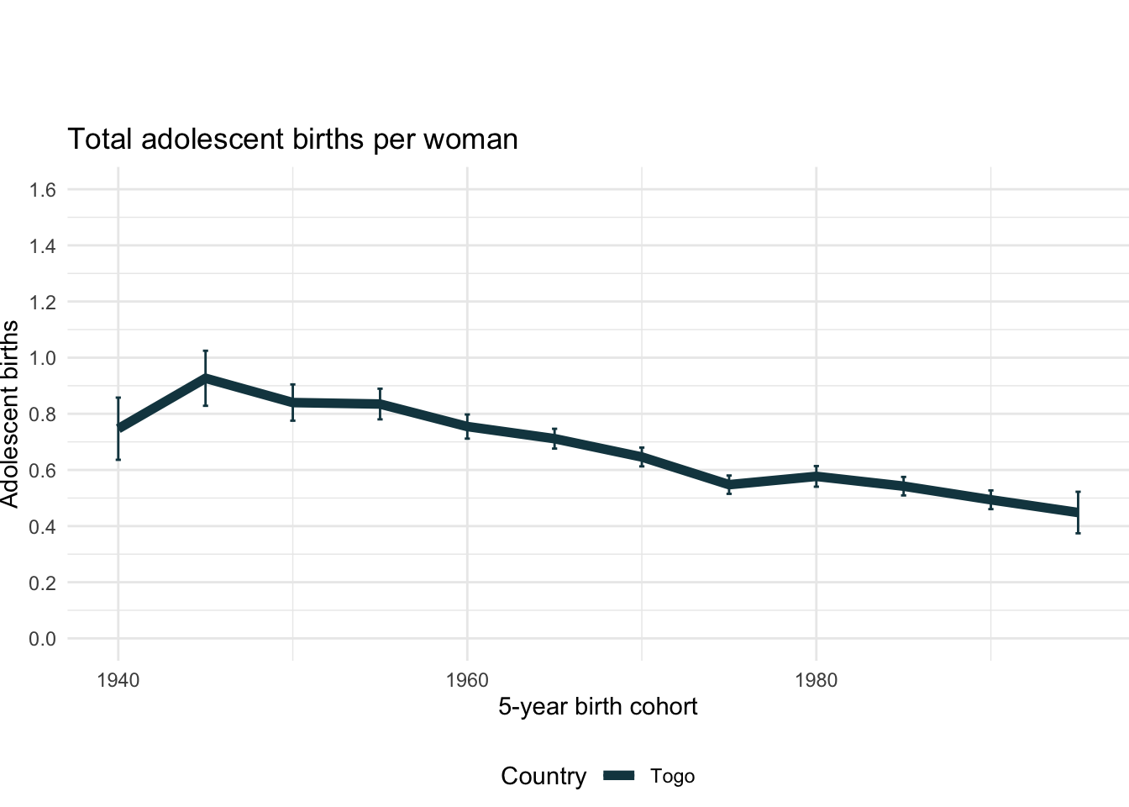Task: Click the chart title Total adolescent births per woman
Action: pos(292,139)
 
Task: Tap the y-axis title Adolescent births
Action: pos(10,414)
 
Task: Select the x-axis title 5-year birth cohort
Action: pos(597,706)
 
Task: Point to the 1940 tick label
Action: pos(118,680)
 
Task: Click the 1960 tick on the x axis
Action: pos(467,680)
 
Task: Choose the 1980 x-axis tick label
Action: pos(816,680)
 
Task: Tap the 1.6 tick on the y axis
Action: pos(43,190)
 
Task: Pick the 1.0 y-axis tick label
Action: pos(43,358)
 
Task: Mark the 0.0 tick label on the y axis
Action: pos(43,639)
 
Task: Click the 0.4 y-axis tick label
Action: pos(43,526)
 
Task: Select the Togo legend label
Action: pos(672,777)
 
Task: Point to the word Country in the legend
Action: pos(543,777)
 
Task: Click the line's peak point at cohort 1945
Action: pos(205,378)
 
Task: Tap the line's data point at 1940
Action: pos(118,428)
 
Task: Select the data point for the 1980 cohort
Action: pos(816,476)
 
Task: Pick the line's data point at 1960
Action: pos(467,426)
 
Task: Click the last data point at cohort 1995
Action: pos(1078,512)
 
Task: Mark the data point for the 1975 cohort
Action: pos(729,485)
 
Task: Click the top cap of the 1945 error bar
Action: pos(205,351)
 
